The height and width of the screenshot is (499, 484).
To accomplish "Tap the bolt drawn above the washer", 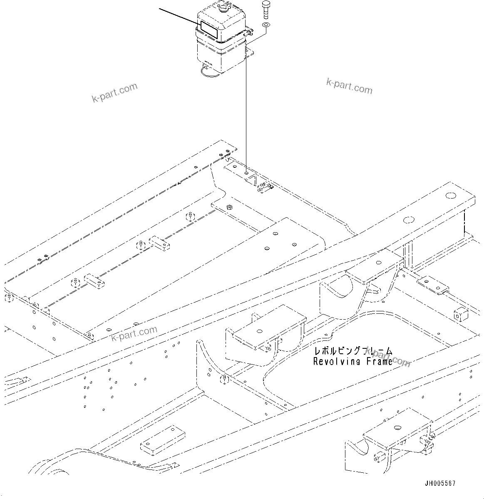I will (x=265, y=10).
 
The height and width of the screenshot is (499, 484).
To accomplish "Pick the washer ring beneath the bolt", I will (x=266, y=26).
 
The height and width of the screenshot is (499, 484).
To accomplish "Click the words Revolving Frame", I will (x=352, y=361).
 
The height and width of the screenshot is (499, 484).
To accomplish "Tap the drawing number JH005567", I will (x=440, y=483).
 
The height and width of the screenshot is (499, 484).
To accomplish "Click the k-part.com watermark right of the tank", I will (x=349, y=86).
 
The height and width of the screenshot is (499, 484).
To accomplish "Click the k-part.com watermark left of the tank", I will (x=114, y=93).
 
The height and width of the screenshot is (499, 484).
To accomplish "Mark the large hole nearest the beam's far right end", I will (x=450, y=195).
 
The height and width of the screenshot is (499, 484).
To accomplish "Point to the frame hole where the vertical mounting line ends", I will (x=246, y=171).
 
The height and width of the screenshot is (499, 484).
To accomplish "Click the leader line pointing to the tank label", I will (x=179, y=16).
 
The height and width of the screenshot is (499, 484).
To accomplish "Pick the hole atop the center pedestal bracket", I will (x=259, y=332).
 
